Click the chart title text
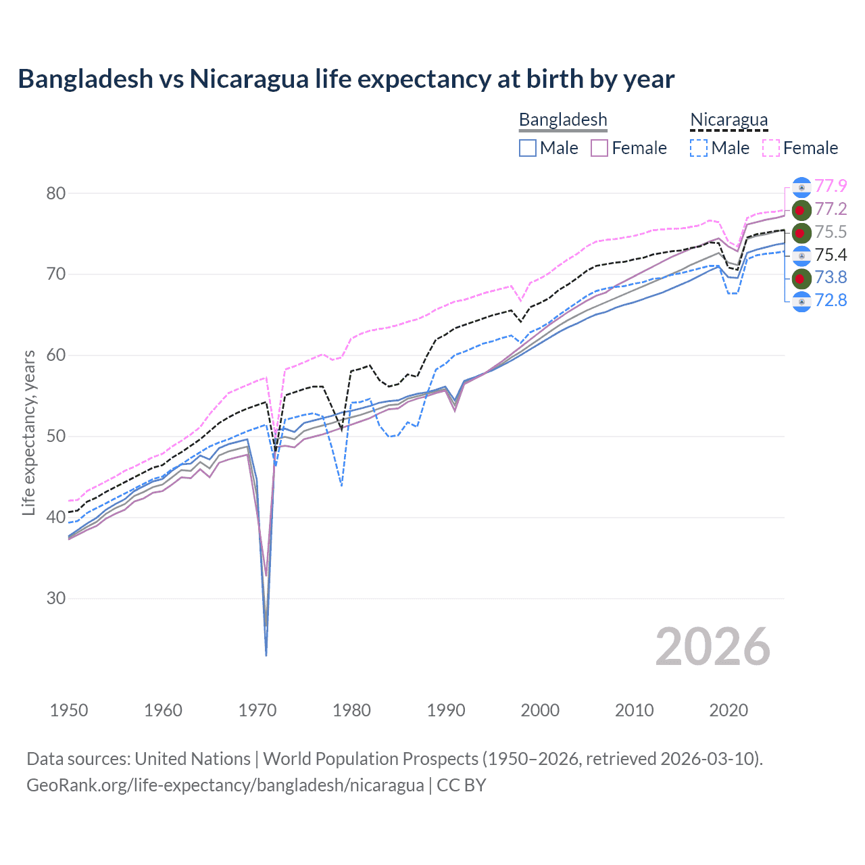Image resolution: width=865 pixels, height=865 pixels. click(x=346, y=79)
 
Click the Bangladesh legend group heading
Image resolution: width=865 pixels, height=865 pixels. click(x=563, y=120)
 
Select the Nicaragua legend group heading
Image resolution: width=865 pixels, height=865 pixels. click(x=728, y=120)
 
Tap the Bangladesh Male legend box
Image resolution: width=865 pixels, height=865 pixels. click(x=528, y=148)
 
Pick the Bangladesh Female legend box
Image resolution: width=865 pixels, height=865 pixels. click(x=599, y=148)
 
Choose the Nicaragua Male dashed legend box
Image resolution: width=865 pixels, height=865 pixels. click(x=699, y=148)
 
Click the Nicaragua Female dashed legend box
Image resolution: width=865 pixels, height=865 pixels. click(x=771, y=148)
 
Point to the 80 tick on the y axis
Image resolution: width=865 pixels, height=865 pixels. click(x=56, y=193)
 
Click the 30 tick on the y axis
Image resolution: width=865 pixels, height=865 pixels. click(x=56, y=599)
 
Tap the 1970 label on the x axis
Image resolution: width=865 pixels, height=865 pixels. click(x=257, y=710)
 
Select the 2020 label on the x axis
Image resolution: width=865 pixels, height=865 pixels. click(x=728, y=710)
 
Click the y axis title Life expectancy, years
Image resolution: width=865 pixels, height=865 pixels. click(x=29, y=432)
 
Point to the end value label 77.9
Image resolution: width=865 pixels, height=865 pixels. click(x=831, y=186)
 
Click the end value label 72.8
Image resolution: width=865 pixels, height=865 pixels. click(x=831, y=300)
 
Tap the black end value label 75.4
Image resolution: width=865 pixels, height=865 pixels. click(x=831, y=255)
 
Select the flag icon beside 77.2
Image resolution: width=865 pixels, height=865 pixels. click(x=801, y=209)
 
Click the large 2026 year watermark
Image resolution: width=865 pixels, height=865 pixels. click(x=712, y=647)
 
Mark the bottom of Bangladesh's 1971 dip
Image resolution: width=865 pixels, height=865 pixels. click(x=266, y=654)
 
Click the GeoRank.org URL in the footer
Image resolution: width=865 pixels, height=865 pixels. click(x=225, y=785)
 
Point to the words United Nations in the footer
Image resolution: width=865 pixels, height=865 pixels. click(x=193, y=759)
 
